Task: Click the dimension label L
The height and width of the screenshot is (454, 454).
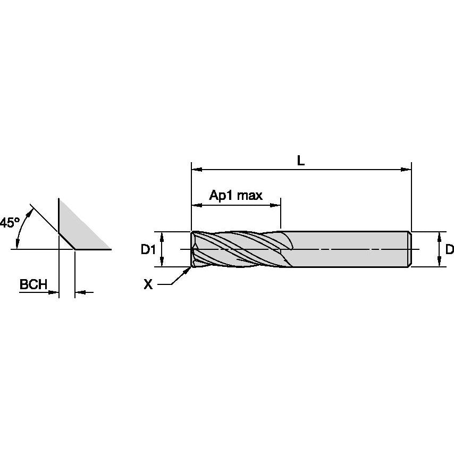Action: [x=301, y=160]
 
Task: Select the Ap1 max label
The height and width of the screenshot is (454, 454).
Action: [x=236, y=195]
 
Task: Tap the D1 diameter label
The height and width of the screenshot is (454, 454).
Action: [x=148, y=249]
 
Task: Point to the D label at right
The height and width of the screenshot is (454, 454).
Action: [x=449, y=249]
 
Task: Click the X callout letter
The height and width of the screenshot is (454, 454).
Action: [x=148, y=285]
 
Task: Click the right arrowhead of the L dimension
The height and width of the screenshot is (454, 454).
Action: [x=407, y=170]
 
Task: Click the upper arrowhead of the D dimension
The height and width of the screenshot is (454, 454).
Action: [x=439, y=236]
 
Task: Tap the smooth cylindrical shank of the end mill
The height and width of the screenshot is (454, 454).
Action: [x=351, y=249]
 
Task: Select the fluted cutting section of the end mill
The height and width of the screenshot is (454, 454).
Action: [x=239, y=249]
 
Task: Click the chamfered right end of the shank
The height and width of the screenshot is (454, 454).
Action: [x=409, y=249]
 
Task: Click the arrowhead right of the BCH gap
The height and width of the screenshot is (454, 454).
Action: [x=80, y=292]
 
